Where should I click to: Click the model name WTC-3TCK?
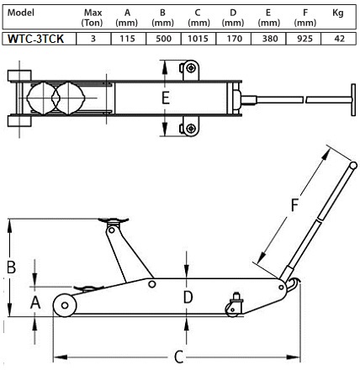(35, 39)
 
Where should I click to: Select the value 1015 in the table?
(198, 39)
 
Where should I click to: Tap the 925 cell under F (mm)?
(304, 39)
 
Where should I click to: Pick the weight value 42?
(339, 39)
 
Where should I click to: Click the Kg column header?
(338, 13)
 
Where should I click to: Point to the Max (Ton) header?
(93, 18)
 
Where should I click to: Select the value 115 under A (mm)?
(127, 39)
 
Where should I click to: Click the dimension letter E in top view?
(166, 98)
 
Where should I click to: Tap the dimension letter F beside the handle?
(294, 205)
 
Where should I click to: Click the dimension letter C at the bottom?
(178, 357)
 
